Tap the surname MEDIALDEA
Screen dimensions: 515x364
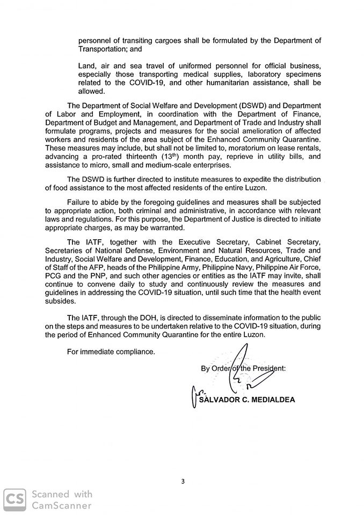(x=272, y=400)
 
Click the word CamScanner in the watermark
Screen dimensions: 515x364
(x=61, y=505)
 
